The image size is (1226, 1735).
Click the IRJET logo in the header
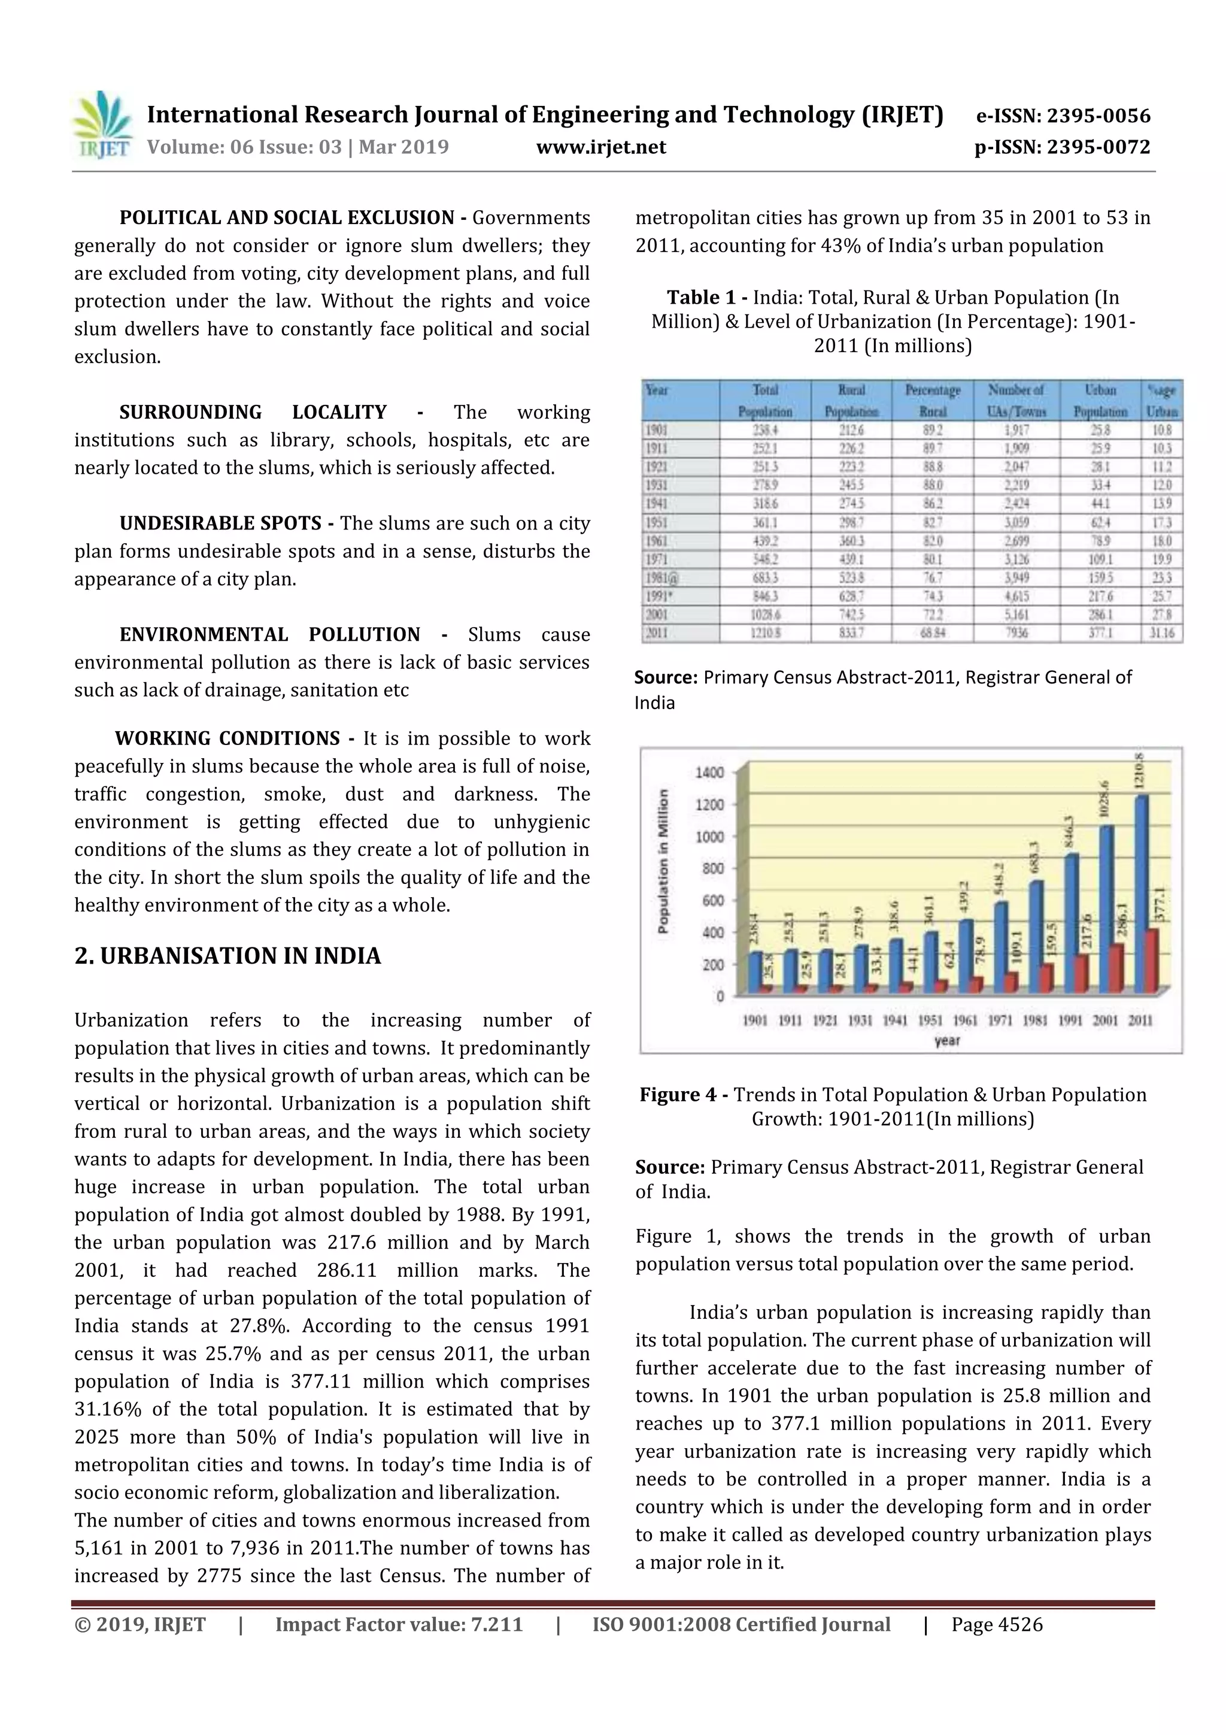click(x=102, y=125)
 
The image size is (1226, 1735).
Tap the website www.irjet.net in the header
click(x=600, y=147)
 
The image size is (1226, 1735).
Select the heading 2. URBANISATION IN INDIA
click(x=227, y=956)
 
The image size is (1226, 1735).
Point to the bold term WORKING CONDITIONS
click(x=227, y=738)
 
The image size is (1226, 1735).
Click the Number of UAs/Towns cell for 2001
click(x=1016, y=614)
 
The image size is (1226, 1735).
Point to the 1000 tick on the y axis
click(x=709, y=837)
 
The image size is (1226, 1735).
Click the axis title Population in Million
click(x=663, y=861)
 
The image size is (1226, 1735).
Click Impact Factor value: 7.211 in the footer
click(x=398, y=1625)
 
